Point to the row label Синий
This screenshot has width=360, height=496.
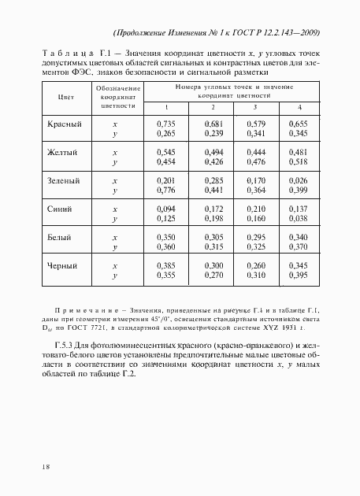pyautogui.click(x=61, y=209)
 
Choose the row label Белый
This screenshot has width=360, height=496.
pyautogui.click(x=61, y=237)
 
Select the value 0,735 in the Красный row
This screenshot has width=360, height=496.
pyautogui.click(x=165, y=124)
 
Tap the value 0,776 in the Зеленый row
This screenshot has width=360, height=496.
pyautogui.click(x=165, y=191)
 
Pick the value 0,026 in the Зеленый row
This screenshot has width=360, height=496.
pyautogui.click(x=296, y=181)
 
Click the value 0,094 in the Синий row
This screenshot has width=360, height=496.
pyautogui.click(x=165, y=209)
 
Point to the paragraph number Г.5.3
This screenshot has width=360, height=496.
pyautogui.click(x=65, y=347)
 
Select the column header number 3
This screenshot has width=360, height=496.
pyautogui.click(x=254, y=107)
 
